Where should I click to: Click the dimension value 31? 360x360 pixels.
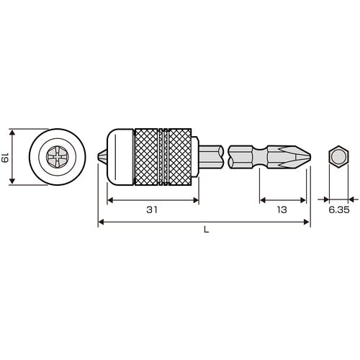coord(152,210)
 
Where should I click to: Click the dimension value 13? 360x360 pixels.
coord(282,210)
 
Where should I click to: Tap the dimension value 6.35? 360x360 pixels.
coord(339,210)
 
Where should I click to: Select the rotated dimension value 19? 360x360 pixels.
coord(5,157)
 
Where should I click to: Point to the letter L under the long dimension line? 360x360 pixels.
coord(206,230)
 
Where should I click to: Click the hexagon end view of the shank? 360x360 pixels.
coord(338,157)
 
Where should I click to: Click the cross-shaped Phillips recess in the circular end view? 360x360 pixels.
coord(57,157)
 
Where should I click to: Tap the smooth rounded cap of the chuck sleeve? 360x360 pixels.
coord(120,157)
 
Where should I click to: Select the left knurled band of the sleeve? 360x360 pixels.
coord(146,157)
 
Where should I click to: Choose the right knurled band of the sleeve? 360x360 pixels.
coord(180,157)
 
